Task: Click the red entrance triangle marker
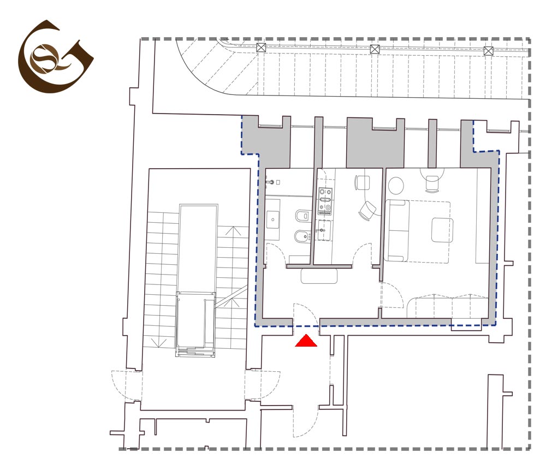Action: (x=306, y=341)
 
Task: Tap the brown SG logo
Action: (x=56, y=56)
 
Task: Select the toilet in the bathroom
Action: (x=302, y=216)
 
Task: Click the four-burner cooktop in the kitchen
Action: (x=325, y=201)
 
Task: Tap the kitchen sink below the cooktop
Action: (x=324, y=230)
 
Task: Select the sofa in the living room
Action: (x=397, y=230)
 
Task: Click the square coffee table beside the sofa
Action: (x=442, y=230)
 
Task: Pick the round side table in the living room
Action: (x=396, y=186)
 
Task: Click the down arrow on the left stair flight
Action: (x=159, y=343)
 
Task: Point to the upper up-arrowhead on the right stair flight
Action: (x=233, y=230)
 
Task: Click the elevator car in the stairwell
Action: (x=195, y=323)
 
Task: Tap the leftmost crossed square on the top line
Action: (x=261, y=47)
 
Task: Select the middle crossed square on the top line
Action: (x=375, y=49)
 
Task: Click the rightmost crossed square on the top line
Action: (x=489, y=51)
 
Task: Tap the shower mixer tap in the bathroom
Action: (x=270, y=182)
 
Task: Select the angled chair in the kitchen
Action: (x=367, y=210)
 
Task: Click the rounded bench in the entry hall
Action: (x=319, y=276)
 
